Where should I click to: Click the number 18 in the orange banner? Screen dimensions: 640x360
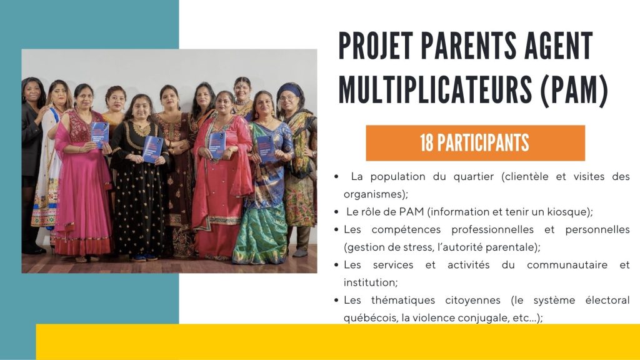tap(427, 143)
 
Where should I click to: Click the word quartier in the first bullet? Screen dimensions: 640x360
tap(474, 177)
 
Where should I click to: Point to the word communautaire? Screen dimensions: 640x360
tap(567, 265)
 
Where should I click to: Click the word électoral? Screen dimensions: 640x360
tap(607, 300)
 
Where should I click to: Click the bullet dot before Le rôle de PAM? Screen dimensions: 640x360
tap(336, 212)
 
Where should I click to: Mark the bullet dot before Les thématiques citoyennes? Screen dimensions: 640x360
tap(336, 301)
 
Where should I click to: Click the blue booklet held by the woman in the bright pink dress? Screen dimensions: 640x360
tap(99, 135)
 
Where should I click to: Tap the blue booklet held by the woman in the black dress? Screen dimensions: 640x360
tap(154, 149)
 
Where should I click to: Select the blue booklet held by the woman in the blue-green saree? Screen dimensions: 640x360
tap(266, 149)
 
